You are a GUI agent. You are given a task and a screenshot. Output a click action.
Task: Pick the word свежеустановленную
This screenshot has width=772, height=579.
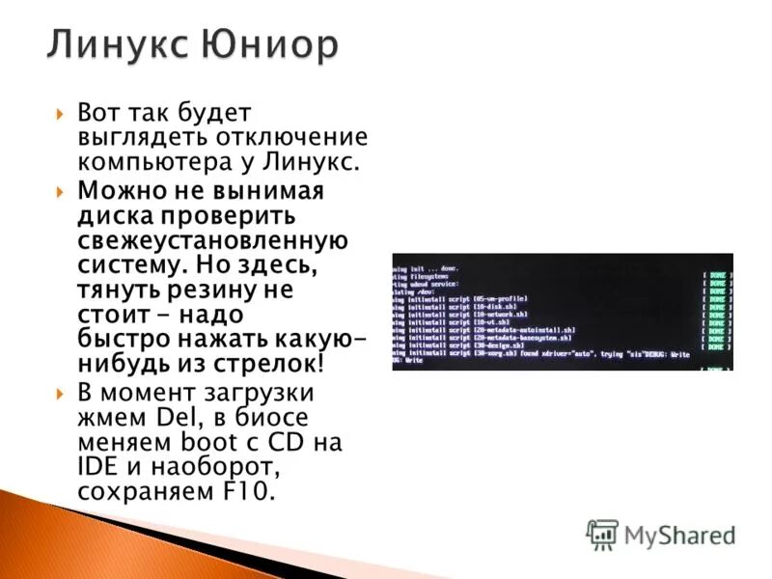click(213, 237)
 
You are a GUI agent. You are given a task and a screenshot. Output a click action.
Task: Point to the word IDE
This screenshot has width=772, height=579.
click(99, 468)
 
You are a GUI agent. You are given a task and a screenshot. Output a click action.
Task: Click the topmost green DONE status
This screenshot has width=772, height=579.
click(716, 274)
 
